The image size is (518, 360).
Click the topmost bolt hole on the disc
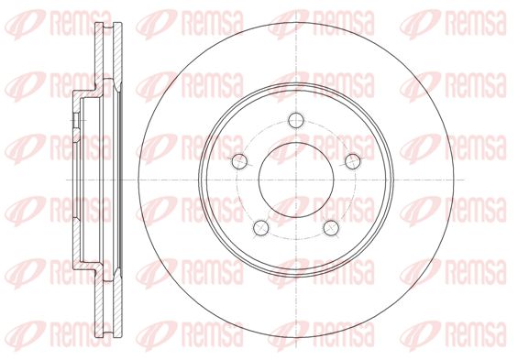point(295,120)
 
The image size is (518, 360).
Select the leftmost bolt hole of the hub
point(239,161)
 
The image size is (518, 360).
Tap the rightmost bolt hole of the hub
point(352,161)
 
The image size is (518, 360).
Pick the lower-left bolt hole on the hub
point(261,228)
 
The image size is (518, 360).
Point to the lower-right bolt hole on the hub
point(331,228)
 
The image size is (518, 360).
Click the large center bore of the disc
point(296,180)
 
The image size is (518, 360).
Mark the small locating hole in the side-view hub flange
point(76,120)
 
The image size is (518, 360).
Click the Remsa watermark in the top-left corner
point(59,24)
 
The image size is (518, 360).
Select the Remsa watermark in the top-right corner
point(453,24)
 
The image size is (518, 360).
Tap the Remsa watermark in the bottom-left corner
point(59,335)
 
